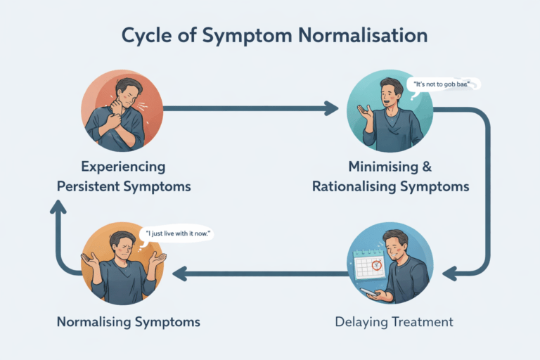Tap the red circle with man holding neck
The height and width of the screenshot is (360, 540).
pyautogui.click(x=123, y=110)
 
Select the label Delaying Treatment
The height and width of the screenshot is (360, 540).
pyautogui.click(x=394, y=322)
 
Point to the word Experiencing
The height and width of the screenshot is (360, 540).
pyautogui.click(x=123, y=167)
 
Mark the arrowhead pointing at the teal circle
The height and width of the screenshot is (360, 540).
pyautogui.click(x=331, y=108)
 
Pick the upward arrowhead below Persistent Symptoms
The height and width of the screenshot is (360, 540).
pyautogui.click(x=60, y=207)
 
